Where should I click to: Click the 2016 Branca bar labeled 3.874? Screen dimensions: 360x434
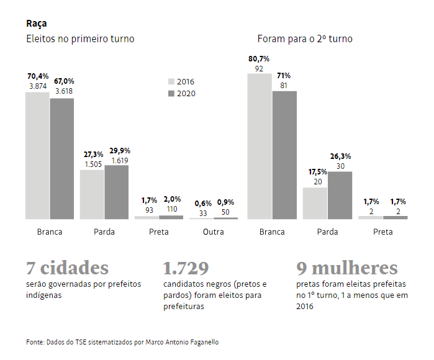(x=37, y=155)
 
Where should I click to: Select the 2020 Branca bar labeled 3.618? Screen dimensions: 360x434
(x=62, y=158)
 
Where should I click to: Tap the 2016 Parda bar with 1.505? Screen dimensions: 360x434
(x=92, y=194)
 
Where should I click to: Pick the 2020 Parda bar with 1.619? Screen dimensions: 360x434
(x=117, y=192)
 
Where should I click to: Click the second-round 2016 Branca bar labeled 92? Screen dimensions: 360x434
(x=260, y=146)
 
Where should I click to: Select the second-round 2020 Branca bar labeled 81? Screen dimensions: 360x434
(x=284, y=155)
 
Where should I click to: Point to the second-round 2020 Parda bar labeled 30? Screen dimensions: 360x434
(x=340, y=195)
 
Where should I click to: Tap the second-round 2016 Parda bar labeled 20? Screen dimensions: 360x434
(x=315, y=203)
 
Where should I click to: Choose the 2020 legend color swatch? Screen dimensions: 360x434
(x=171, y=94)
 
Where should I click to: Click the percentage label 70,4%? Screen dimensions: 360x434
(x=37, y=76)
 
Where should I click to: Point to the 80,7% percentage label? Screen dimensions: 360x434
(x=260, y=58)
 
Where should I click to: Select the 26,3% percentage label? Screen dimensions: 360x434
(x=340, y=156)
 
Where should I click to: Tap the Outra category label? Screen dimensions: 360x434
(x=213, y=232)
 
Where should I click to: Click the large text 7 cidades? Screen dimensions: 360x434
(x=67, y=268)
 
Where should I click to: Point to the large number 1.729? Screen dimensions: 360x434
(x=186, y=268)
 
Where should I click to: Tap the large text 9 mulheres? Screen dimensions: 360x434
(x=346, y=268)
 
